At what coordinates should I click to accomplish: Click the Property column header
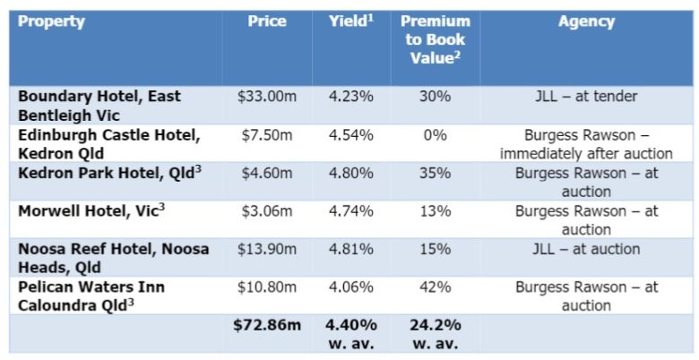click(x=51, y=21)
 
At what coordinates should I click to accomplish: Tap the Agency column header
click(x=586, y=21)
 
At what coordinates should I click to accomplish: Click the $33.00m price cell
click(x=267, y=97)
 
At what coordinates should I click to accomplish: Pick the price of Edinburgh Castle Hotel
click(x=267, y=135)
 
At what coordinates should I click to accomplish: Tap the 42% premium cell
click(x=436, y=287)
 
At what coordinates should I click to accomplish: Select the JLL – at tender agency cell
click(x=586, y=97)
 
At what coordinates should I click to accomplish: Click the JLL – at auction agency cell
click(x=586, y=249)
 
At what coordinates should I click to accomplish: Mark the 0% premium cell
click(x=436, y=135)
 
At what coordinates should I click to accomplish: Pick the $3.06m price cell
click(x=267, y=211)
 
